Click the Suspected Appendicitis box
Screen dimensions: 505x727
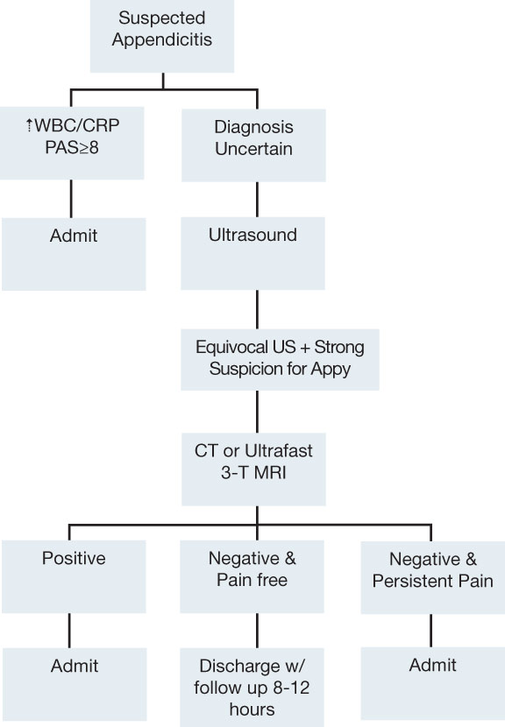(x=162, y=36)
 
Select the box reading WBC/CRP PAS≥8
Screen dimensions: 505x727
(x=72, y=144)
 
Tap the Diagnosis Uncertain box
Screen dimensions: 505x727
(x=253, y=145)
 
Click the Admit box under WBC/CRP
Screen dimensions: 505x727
(x=74, y=254)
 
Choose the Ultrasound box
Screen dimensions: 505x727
(x=253, y=254)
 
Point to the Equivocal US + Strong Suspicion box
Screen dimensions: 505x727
(x=280, y=360)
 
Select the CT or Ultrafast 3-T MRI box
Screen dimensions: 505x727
(x=253, y=469)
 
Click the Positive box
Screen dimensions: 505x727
(x=74, y=576)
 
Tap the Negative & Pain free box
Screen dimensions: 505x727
(x=252, y=576)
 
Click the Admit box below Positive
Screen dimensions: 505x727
(x=75, y=684)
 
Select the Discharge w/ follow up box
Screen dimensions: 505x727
(x=252, y=687)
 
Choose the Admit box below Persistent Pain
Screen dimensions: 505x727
(x=432, y=683)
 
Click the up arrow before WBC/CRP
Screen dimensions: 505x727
(x=29, y=125)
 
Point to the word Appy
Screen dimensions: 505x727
(x=331, y=370)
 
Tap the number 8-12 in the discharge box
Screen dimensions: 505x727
(x=291, y=688)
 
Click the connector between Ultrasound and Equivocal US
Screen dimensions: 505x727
(x=257, y=310)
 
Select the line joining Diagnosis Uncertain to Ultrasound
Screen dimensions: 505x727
(x=257, y=200)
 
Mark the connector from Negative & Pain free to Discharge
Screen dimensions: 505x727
(x=257, y=631)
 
